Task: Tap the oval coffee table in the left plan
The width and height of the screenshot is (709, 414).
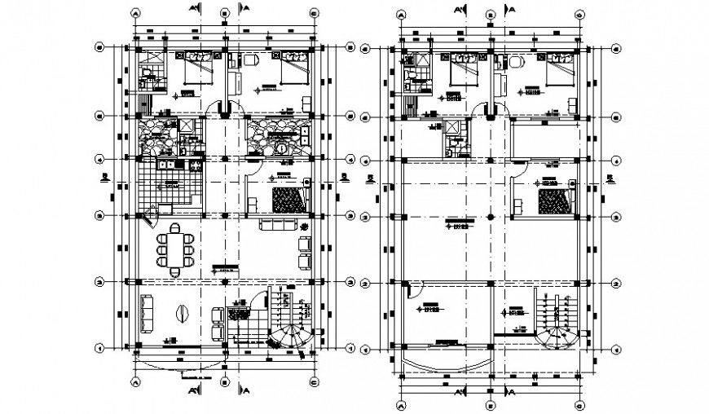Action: pos(181,314)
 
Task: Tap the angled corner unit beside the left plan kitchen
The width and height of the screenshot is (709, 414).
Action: pos(148,218)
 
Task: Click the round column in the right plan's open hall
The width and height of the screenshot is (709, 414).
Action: pos(491,217)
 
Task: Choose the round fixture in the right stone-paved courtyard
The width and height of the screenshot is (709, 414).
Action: pos(278,148)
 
